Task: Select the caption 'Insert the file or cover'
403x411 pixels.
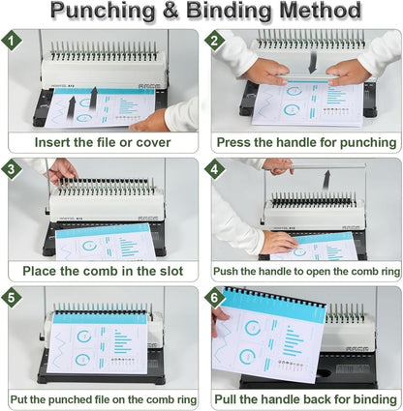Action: (x=103, y=142)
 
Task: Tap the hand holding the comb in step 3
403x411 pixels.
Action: (x=62, y=171)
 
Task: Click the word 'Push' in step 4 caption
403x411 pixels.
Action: (x=229, y=271)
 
